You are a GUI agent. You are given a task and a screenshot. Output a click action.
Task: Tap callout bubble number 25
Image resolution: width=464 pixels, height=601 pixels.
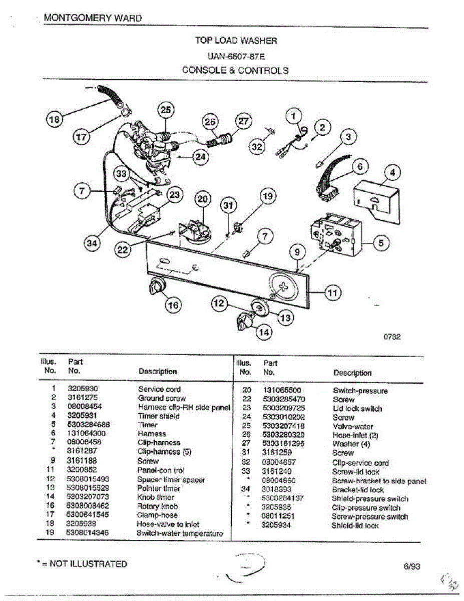point(166,110)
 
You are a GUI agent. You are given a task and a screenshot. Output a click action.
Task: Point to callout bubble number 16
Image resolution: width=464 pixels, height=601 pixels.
point(174,305)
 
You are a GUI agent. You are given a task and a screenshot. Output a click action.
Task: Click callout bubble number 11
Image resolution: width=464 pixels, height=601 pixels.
point(333,292)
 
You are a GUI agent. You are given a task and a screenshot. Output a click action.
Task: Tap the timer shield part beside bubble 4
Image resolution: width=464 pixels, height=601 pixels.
point(376,201)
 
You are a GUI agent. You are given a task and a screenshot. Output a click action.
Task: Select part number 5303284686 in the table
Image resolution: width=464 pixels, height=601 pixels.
point(88,425)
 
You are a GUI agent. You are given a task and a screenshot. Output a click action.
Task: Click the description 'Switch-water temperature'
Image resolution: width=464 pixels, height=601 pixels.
point(180,533)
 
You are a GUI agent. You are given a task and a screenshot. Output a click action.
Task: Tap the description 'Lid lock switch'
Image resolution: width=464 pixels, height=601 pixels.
point(357,409)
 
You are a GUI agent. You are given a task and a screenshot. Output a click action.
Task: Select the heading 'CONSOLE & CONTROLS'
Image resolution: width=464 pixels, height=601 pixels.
point(235,70)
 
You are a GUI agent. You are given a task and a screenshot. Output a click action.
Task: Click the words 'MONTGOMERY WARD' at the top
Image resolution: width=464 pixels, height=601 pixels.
point(93,18)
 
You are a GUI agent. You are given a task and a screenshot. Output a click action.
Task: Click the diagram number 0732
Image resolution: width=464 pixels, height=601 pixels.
point(392,337)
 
